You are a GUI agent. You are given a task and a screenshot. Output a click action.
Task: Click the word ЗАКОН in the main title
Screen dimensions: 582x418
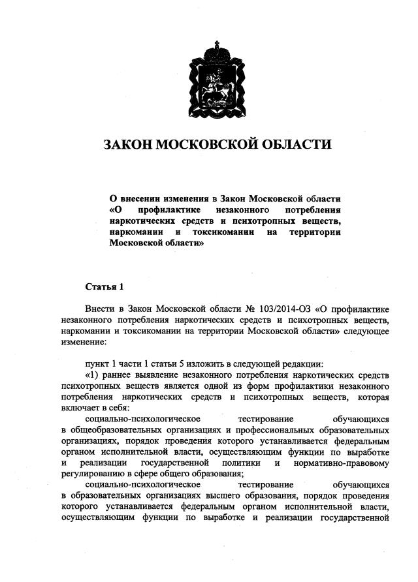pos(127,144)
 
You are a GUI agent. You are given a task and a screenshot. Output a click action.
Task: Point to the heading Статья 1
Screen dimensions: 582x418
pos(104,286)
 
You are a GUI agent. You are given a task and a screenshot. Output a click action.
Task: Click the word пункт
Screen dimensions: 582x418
pos(98,363)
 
